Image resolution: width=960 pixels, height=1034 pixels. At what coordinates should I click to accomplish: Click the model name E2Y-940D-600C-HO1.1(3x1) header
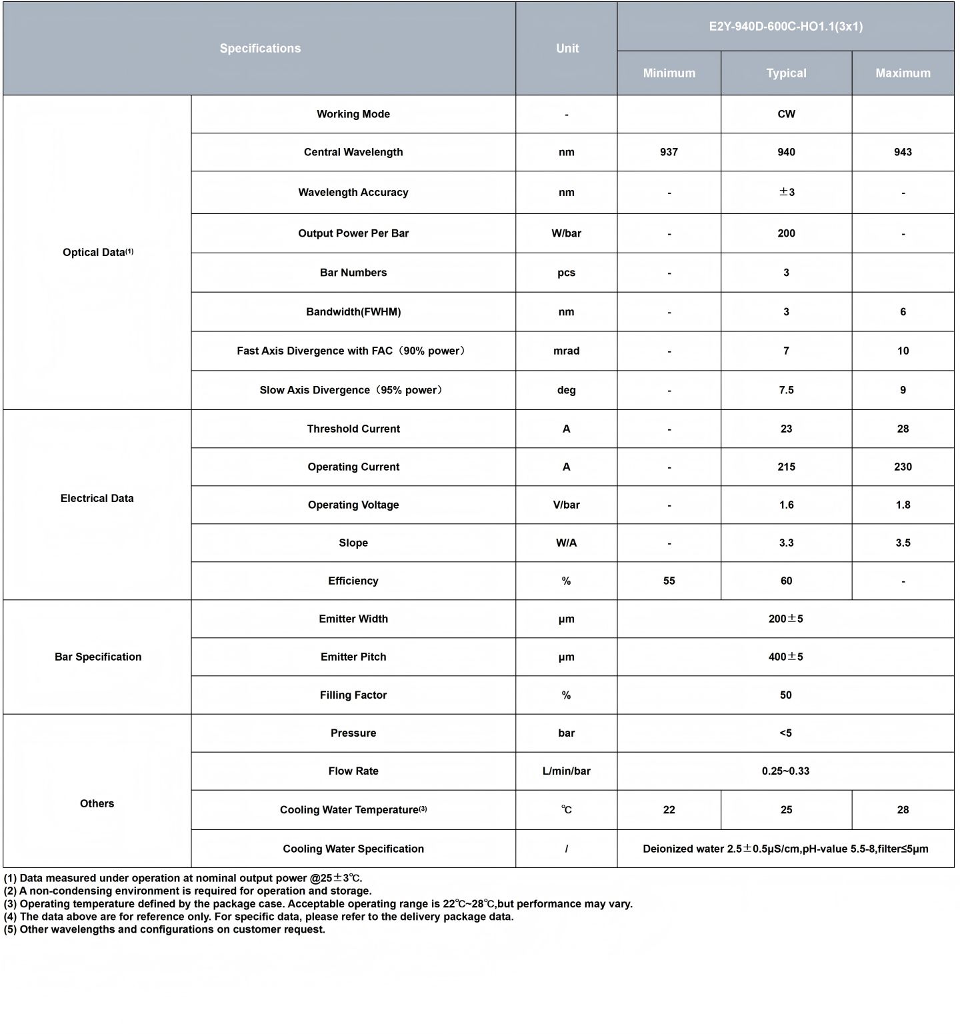(x=785, y=27)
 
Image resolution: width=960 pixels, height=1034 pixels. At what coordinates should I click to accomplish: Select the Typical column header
(x=786, y=73)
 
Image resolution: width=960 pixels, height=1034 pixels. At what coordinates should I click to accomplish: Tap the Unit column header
(x=567, y=48)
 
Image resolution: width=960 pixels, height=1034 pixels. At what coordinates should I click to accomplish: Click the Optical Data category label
(x=97, y=252)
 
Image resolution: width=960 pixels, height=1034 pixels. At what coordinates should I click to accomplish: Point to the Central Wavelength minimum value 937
(x=669, y=152)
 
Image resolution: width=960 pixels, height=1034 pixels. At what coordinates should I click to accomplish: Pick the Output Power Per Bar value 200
(x=786, y=233)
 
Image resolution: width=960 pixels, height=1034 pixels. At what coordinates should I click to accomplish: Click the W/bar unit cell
(x=566, y=233)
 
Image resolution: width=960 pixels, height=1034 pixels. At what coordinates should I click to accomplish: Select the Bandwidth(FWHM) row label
(x=353, y=312)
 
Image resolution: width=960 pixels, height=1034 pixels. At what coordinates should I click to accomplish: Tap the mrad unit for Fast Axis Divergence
(x=566, y=351)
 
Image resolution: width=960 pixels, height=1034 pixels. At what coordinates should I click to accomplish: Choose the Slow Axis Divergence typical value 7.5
(x=786, y=390)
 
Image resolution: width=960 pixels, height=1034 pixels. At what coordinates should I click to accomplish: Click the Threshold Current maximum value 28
(x=903, y=429)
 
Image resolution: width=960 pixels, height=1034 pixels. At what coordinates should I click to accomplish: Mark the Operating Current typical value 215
(x=786, y=467)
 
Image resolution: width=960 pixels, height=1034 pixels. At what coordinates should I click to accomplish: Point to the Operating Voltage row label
(x=353, y=505)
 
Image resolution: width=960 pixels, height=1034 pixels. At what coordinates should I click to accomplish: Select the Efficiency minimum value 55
(x=669, y=581)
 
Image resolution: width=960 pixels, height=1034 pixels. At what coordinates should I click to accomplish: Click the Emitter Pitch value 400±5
(x=785, y=657)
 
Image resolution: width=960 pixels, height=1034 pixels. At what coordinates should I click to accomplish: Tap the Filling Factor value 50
(x=785, y=695)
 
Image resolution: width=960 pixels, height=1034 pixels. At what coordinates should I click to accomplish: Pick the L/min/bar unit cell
(x=566, y=771)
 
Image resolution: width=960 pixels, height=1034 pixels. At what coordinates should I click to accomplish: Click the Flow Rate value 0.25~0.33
(x=785, y=771)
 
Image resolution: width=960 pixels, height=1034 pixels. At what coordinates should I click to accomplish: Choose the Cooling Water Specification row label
(x=353, y=849)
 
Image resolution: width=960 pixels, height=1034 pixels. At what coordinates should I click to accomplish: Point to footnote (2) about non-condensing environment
(x=188, y=891)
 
